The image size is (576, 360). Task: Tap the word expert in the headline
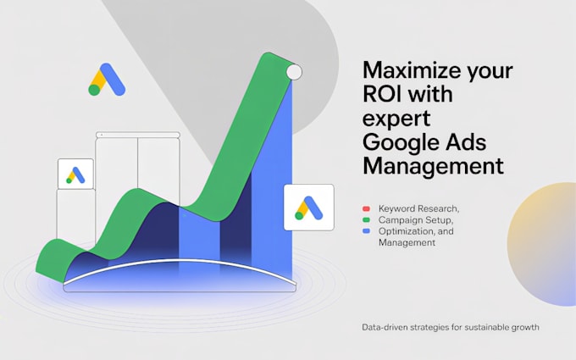(x=396, y=119)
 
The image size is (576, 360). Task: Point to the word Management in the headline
(x=433, y=166)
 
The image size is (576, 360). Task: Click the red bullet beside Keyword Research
(x=366, y=208)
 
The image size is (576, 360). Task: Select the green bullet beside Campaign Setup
(x=366, y=220)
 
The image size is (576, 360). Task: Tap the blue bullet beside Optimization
(x=366, y=231)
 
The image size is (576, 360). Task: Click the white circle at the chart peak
(x=294, y=72)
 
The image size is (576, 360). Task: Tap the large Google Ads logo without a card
(x=107, y=80)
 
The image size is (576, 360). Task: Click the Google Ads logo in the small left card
(x=75, y=174)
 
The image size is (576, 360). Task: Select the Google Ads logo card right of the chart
(x=309, y=208)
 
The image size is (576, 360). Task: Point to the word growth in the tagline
(x=526, y=327)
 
